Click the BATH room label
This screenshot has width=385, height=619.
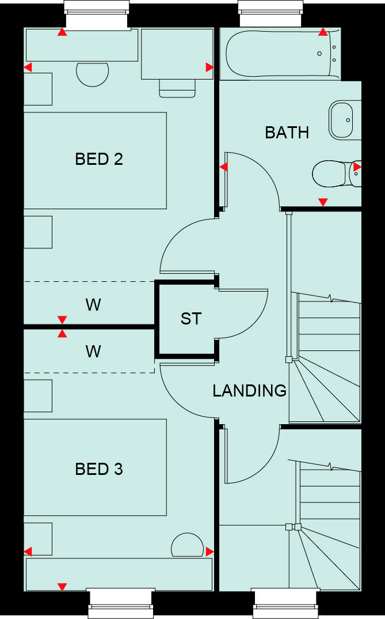tap(287, 133)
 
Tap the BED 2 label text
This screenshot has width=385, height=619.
tap(99, 159)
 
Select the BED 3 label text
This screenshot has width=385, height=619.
tap(99, 469)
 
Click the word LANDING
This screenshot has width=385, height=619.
tap(249, 391)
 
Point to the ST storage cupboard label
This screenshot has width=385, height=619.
tap(190, 319)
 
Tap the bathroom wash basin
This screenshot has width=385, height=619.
tap(341, 120)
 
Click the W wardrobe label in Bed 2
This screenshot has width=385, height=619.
tap(93, 305)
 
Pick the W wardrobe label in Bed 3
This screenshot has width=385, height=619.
tap(93, 351)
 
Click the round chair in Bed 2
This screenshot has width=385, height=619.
tap(92, 74)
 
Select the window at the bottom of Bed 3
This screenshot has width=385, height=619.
tap(121, 603)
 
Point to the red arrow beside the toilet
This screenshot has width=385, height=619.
tap(357, 167)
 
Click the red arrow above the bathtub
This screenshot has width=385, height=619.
tap(323, 32)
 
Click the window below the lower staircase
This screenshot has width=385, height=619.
tap(285, 603)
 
